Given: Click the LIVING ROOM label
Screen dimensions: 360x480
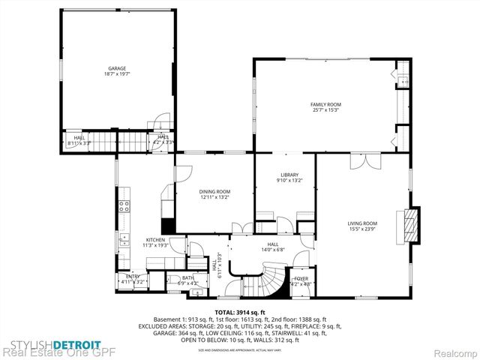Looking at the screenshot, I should (362, 223).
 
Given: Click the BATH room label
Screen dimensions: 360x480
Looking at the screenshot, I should (187, 277).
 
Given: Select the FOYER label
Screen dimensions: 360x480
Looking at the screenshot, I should (301, 279).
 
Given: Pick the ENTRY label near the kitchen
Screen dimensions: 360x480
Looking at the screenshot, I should (133, 277).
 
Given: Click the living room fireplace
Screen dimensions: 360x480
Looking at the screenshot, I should (409, 223).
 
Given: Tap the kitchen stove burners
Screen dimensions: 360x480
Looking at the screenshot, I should (124, 205).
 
